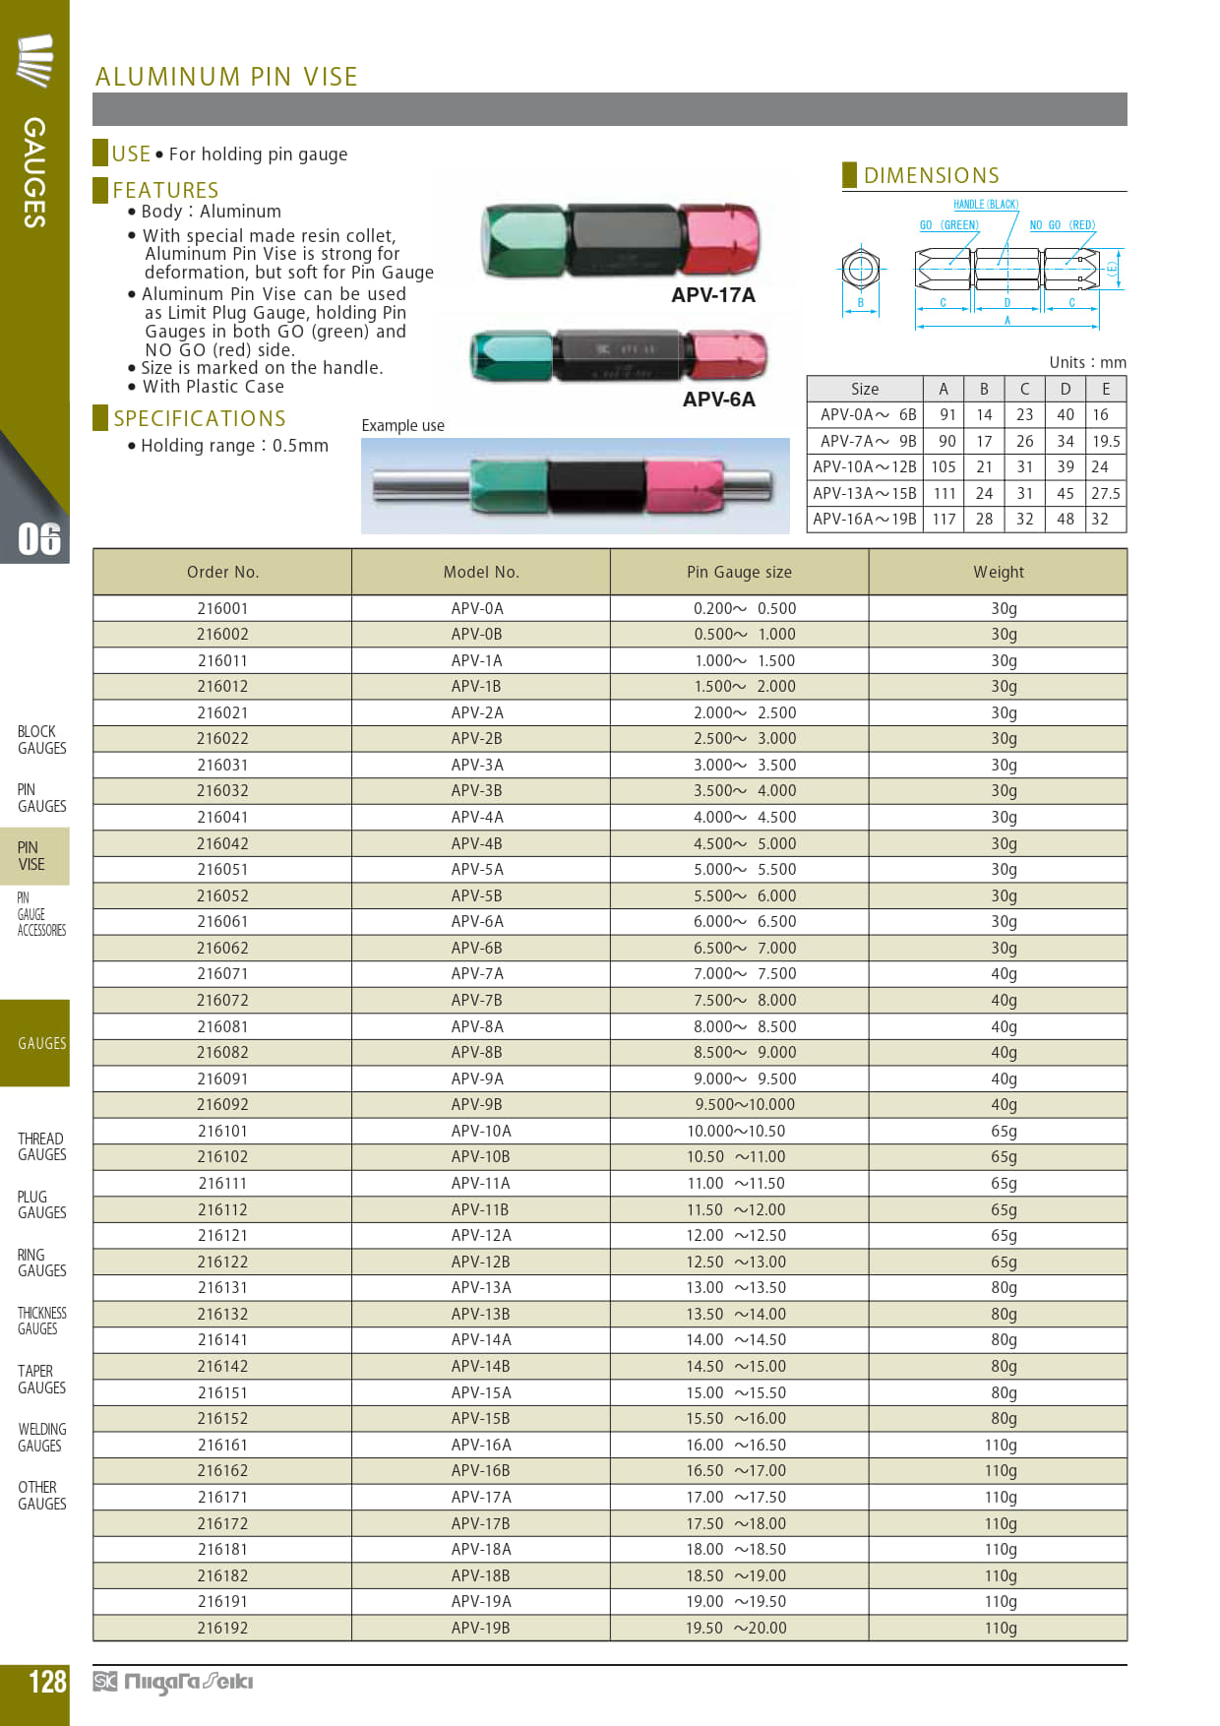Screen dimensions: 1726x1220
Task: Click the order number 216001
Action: pyautogui.click(x=222, y=608)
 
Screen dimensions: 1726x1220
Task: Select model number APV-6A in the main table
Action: pyautogui.click(x=477, y=921)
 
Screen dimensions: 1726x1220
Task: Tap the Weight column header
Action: pyautogui.click(x=998, y=572)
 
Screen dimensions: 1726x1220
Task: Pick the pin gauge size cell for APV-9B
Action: pyautogui.click(x=744, y=1104)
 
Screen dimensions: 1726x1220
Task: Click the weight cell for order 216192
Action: pyautogui.click(x=1000, y=1628)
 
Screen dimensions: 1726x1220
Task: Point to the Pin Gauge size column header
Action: pyautogui.click(x=739, y=572)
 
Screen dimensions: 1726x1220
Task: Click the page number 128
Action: pyautogui.click(x=47, y=1681)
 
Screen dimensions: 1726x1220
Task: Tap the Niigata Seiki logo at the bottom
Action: pyautogui.click(x=173, y=1682)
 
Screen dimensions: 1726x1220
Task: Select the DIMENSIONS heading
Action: pyautogui.click(x=931, y=175)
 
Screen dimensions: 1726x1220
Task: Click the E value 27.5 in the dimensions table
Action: pyautogui.click(x=1105, y=493)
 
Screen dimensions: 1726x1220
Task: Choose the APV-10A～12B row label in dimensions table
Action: pyautogui.click(x=864, y=466)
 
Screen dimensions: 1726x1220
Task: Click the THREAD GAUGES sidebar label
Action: pyautogui.click(x=41, y=1146)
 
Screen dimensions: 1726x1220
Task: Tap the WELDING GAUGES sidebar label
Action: pyautogui.click(x=41, y=1437)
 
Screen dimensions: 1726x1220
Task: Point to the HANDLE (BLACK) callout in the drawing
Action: pyautogui.click(x=985, y=205)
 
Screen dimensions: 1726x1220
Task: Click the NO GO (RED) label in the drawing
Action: pyautogui.click(x=1062, y=225)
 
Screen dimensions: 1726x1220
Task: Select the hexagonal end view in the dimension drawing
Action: pyautogui.click(x=860, y=268)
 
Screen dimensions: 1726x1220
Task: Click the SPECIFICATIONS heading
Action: pyautogui.click(x=199, y=418)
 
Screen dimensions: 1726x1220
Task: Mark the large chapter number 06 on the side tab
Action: pyautogui.click(x=39, y=538)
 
